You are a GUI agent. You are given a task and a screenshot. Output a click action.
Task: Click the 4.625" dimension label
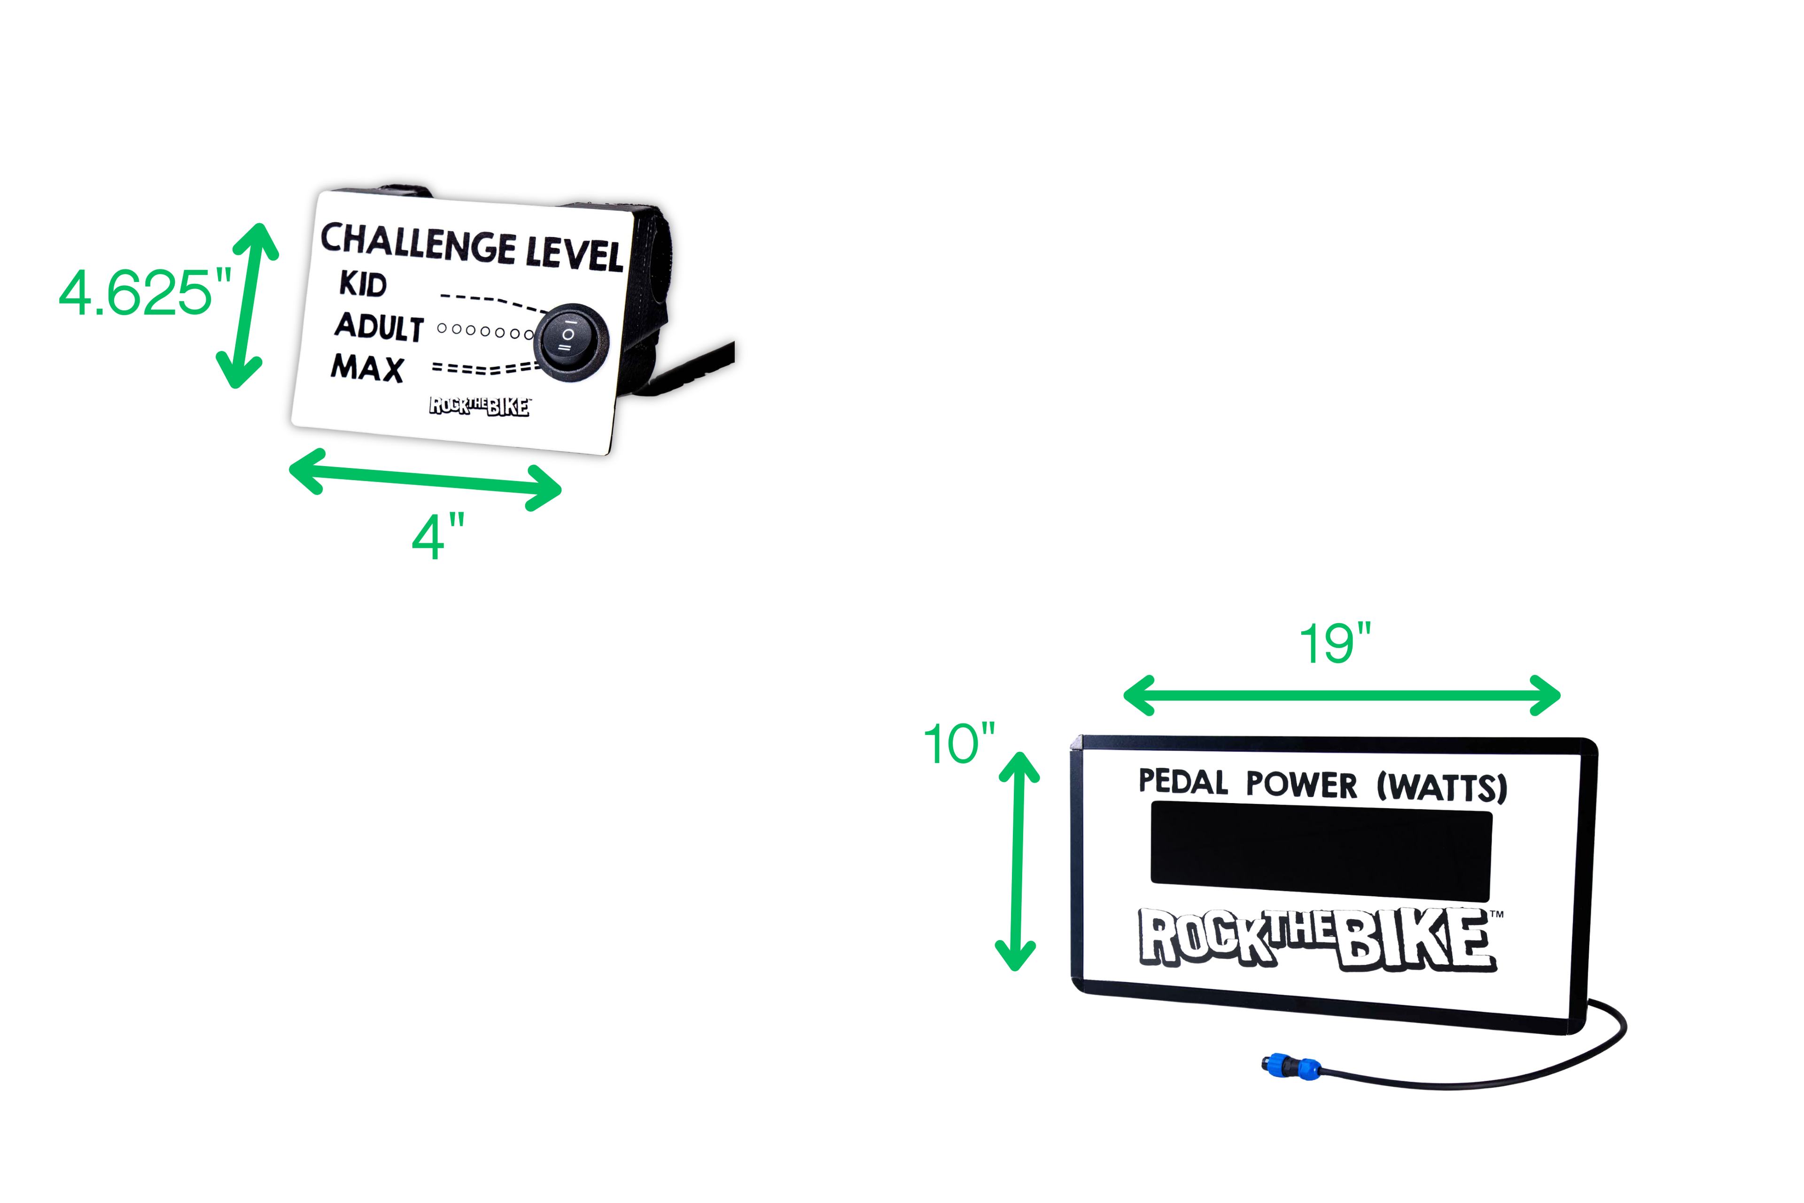point(144,293)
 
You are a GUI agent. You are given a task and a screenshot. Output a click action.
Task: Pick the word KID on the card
point(363,284)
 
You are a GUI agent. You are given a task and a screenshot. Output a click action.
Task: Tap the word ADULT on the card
point(379,327)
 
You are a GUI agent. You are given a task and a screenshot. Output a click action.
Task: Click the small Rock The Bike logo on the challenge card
point(479,406)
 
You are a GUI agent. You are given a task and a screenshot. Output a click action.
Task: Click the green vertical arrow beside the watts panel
point(1017,861)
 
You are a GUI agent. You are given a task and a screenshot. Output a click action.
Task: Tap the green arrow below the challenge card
point(425,479)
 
